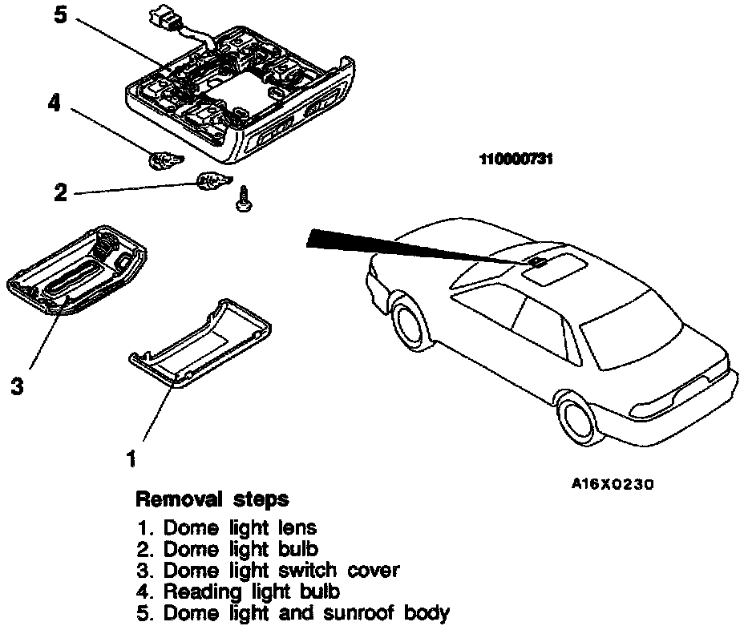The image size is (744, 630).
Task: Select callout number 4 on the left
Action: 55,105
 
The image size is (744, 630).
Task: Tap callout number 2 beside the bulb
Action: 61,192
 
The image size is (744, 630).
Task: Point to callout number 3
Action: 17,386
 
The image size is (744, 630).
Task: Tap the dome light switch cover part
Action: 77,273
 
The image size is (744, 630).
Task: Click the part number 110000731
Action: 517,160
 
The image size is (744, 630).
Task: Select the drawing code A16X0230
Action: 613,484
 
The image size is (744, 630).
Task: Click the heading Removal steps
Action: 212,499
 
